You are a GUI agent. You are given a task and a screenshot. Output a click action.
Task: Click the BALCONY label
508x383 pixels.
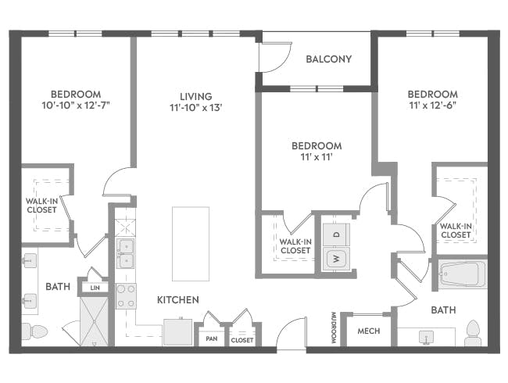pos(328,59)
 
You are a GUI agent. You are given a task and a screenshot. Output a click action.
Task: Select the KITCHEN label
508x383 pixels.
pos(178,299)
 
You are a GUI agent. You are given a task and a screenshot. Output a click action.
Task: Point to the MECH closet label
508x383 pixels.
pos(368,331)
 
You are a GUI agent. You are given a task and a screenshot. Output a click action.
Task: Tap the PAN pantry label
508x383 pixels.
pos(211,339)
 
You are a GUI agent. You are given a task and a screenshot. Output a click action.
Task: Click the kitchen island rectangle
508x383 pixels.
pos(191,244)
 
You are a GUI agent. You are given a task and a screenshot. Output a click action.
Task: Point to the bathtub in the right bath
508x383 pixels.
pos(462,274)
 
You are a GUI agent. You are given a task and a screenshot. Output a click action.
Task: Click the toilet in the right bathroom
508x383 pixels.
pos(472,332)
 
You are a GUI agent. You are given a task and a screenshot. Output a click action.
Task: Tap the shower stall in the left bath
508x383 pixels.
pos(93,323)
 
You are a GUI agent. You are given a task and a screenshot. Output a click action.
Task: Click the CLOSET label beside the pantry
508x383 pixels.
pos(242,340)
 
